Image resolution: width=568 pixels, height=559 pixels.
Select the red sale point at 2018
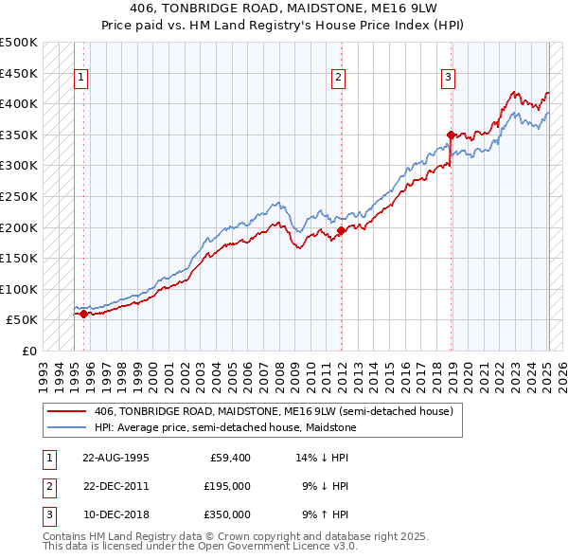[451, 135]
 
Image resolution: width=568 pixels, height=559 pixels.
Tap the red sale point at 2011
[341, 230]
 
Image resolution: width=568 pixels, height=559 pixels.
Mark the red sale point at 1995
[83, 314]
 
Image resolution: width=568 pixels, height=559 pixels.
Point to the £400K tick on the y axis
[19, 103]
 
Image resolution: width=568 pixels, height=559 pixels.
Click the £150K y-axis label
[19, 258]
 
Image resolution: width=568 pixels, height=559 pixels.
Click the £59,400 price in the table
[227, 457]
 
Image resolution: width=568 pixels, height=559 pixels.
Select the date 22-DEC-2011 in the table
[116, 485]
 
